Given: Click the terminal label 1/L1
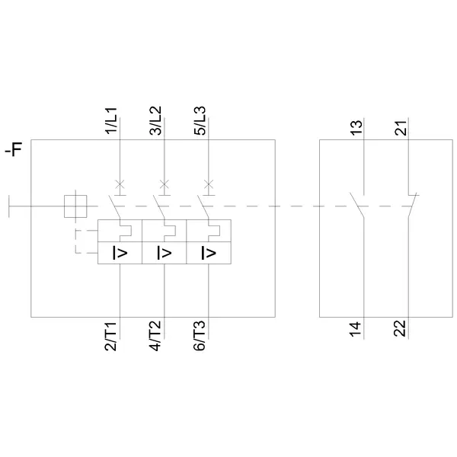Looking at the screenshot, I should click(x=111, y=122).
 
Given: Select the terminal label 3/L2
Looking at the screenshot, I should click(x=155, y=122).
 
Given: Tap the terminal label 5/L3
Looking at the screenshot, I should click(x=200, y=122).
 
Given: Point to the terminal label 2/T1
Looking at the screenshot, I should click(x=111, y=336).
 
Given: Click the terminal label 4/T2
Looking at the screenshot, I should click(x=155, y=336).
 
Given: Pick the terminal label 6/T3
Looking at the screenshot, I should click(x=200, y=336).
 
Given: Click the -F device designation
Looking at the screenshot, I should click(x=14, y=150).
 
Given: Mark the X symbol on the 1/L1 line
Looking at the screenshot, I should click(x=120, y=183).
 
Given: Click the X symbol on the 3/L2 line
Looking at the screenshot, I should click(x=164, y=183).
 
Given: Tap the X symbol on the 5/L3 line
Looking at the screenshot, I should click(x=209, y=183).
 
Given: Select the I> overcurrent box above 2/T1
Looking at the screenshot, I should click(x=120, y=253).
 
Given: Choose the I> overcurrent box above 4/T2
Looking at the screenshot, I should click(x=164, y=253).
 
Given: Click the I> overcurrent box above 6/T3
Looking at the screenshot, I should click(x=209, y=253).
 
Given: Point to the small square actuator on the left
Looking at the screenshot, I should click(x=75, y=205).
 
